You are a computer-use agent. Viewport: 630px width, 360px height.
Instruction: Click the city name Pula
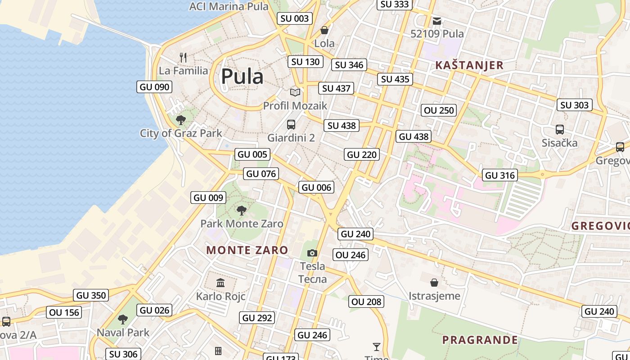(x=242, y=76)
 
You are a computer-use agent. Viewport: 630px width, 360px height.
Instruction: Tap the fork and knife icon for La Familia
(x=183, y=57)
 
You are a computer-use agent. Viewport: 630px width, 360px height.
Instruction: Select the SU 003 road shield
(x=295, y=18)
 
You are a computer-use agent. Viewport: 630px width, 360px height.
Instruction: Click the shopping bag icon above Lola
(x=324, y=30)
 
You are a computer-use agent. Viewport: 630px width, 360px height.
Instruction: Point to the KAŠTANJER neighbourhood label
(x=469, y=65)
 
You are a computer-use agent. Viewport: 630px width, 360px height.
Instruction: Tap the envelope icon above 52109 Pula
(x=437, y=21)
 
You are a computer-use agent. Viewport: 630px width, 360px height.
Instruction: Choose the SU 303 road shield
(x=575, y=105)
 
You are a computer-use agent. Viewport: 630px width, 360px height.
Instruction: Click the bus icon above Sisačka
(x=560, y=130)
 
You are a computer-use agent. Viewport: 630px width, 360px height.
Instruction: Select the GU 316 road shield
(x=500, y=175)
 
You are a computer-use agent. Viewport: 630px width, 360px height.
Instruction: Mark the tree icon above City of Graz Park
(x=181, y=120)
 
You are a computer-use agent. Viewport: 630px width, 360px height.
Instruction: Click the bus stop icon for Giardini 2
(x=291, y=125)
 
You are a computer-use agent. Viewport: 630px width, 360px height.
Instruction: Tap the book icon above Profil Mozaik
(x=295, y=92)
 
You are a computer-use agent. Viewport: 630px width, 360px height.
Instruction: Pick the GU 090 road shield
(x=154, y=87)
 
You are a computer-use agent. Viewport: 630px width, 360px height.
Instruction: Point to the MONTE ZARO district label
(x=247, y=250)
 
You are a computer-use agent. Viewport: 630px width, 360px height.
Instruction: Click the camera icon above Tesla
(x=312, y=253)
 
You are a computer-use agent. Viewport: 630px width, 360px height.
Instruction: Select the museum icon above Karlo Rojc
(x=220, y=283)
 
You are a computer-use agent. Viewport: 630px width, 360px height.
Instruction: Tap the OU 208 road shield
(x=366, y=302)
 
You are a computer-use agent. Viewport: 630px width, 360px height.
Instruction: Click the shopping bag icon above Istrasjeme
(x=434, y=283)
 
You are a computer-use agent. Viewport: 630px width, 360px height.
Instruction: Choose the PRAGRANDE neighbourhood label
(x=480, y=340)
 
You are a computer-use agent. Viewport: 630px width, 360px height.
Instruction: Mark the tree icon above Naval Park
(x=122, y=319)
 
